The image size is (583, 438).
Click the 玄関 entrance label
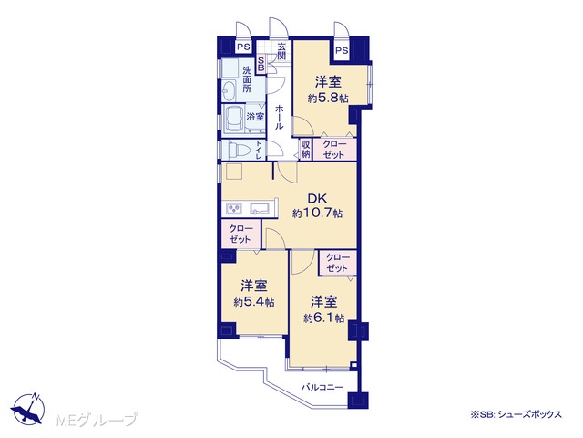click(281, 52)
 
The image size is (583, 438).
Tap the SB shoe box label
click(261, 64)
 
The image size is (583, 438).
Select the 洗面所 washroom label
click(247, 79)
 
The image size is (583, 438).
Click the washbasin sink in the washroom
click(229, 90)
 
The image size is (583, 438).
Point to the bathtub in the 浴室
click(234, 119)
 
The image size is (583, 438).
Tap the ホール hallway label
click(280, 117)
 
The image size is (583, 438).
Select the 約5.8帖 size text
click(328, 99)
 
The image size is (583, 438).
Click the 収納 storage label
click(306, 149)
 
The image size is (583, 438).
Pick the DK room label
click(316, 198)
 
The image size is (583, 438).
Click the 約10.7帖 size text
click(317, 214)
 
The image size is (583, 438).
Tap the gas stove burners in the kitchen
click(233, 208)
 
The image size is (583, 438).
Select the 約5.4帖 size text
click(254, 302)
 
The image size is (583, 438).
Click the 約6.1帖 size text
click(323, 318)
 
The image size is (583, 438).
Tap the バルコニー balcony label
click(322, 387)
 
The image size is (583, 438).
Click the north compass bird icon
click(28, 409)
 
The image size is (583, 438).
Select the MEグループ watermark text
click(97, 420)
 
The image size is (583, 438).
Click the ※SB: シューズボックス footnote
click(517, 414)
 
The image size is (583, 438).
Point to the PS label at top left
click(244, 47)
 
